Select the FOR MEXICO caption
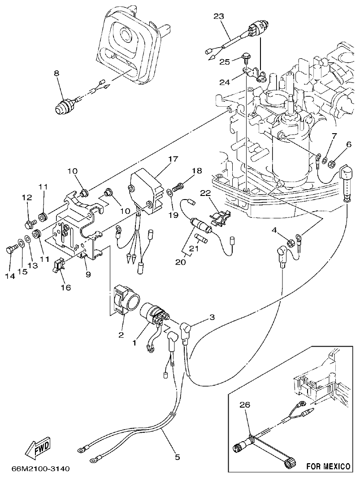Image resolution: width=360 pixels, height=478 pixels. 328,466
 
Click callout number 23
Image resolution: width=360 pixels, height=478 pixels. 218,17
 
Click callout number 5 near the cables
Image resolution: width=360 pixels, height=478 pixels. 177,457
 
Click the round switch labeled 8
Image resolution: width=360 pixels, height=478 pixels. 64,108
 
